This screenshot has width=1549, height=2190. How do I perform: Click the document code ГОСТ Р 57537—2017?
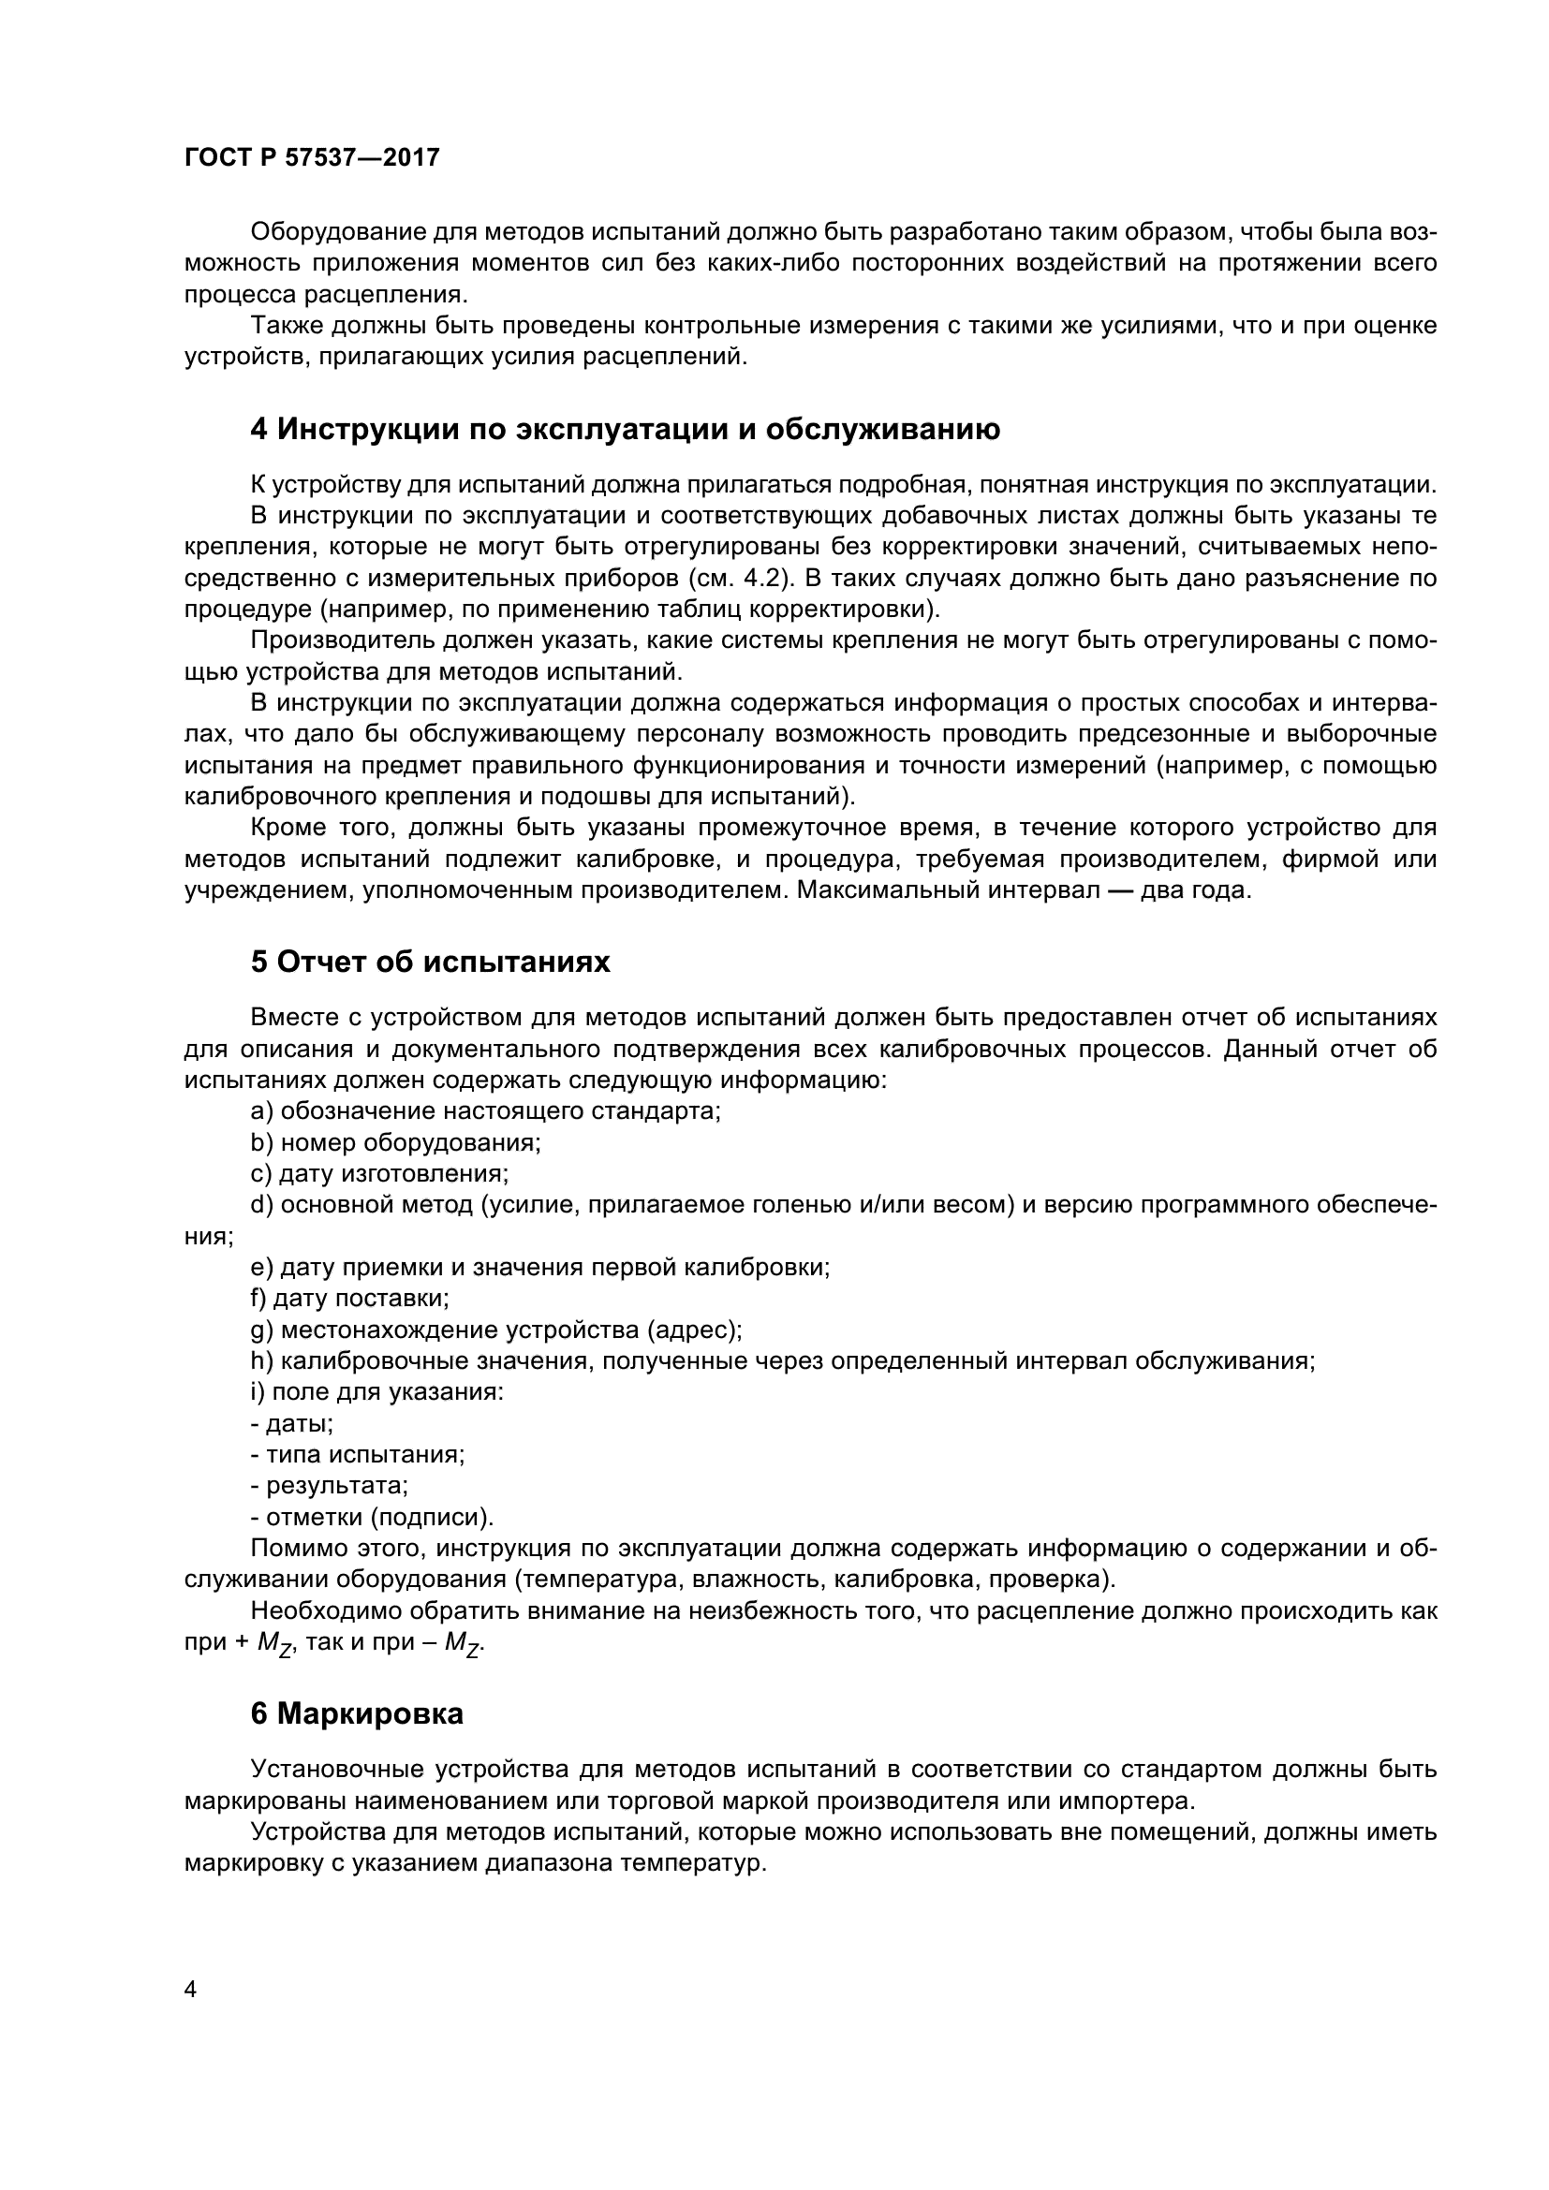(312, 158)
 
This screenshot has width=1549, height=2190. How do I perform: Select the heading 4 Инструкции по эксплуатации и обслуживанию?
(625, 430)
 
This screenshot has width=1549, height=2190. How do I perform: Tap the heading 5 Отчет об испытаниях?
(430, 963)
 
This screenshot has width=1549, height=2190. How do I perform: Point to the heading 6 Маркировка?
(357, 1714)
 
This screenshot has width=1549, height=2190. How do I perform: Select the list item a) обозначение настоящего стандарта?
(485, 1111)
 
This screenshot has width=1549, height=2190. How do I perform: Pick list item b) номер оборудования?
(396, 1142)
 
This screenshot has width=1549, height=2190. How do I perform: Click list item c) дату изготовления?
(379, 1173)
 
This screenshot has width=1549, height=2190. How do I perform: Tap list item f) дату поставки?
(350, 1298)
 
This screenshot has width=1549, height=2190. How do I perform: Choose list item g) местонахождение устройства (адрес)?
(496, 1330)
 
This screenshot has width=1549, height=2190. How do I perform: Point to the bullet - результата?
(329, 1486)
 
